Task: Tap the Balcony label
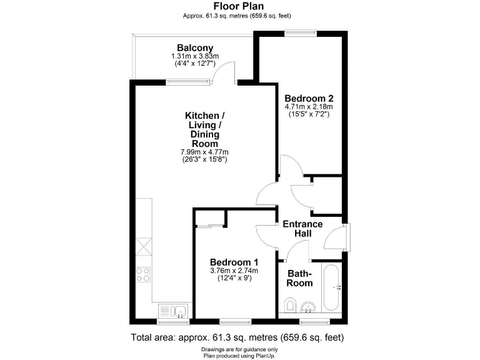[195, 48]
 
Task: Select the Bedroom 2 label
[309, 98]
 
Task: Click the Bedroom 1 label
[234, 262]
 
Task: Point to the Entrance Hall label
[302, 229]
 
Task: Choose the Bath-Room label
[299, 278]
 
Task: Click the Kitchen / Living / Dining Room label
[201, 129]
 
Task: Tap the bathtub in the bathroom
[331, 287]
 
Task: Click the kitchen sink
[172, 310]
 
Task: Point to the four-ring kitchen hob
[143, 274]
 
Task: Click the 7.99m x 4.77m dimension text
[201, 152]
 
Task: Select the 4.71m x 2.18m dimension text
[309, 107]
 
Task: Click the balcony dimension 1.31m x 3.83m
[195, 56]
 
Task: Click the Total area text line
[237, 337]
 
